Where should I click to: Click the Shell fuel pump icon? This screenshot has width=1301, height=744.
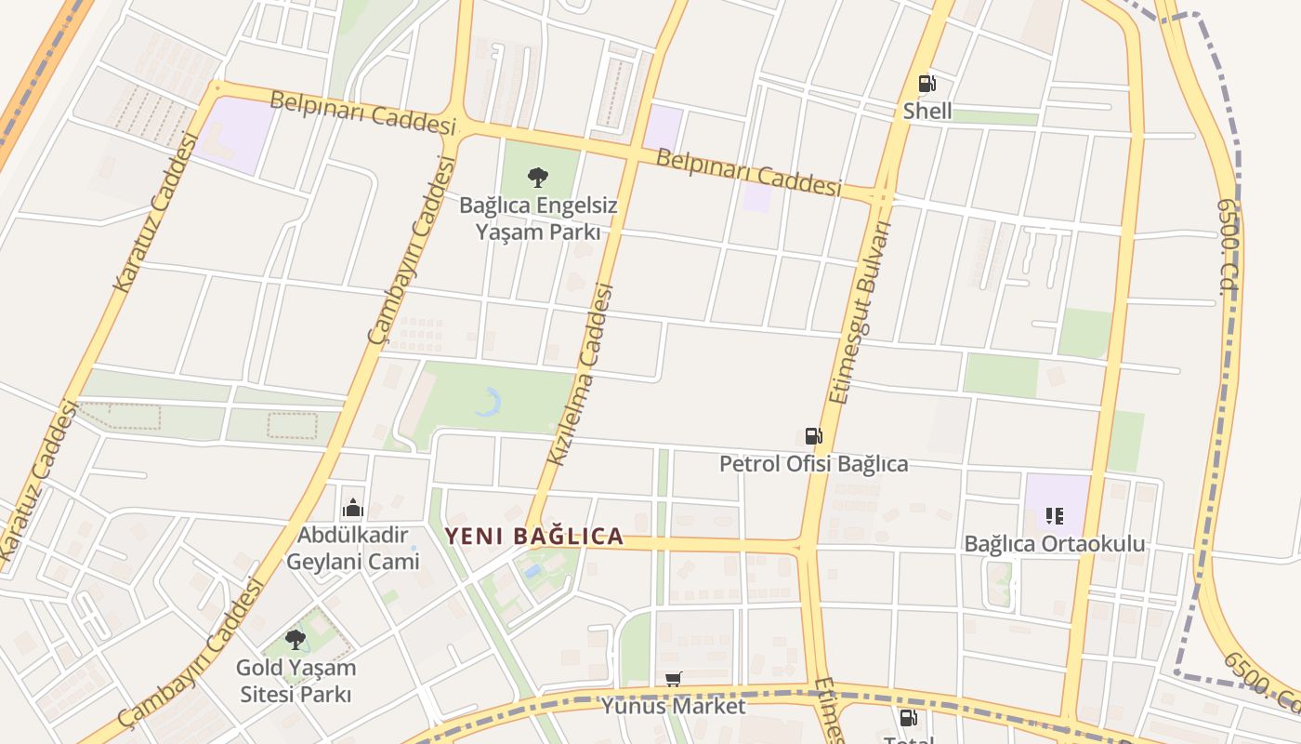[926, 84]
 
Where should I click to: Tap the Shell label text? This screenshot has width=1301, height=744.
[927, 112]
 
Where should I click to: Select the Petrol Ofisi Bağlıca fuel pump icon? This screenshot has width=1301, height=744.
[813, 436]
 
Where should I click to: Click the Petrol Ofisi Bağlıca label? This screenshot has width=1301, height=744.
[813, 463]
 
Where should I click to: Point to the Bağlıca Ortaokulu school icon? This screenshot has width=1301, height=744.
[1054, 516]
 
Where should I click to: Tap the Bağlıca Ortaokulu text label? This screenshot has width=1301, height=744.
[1054, 544]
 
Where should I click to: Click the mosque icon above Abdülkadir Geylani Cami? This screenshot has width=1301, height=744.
[352, 509]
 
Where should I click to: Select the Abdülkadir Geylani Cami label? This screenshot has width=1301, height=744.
[352, 549]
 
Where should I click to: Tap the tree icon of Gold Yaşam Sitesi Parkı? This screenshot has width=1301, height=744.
[296, 640]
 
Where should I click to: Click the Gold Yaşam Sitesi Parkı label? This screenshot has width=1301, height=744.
[296, 681]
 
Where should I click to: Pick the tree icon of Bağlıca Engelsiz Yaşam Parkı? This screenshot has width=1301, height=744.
[537, 178]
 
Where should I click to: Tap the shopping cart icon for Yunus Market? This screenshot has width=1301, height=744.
[674, 680]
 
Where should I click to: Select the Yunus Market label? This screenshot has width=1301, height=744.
[673, 706]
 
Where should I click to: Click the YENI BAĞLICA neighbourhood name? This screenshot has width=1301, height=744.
[533, 537]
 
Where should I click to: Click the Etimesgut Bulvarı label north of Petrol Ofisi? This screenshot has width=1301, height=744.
[860, 312]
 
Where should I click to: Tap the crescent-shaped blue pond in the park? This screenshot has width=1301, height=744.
[490, 402]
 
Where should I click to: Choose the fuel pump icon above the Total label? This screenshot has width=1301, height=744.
[908, 718]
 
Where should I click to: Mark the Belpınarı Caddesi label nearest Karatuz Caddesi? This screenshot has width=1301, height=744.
[364, 113]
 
